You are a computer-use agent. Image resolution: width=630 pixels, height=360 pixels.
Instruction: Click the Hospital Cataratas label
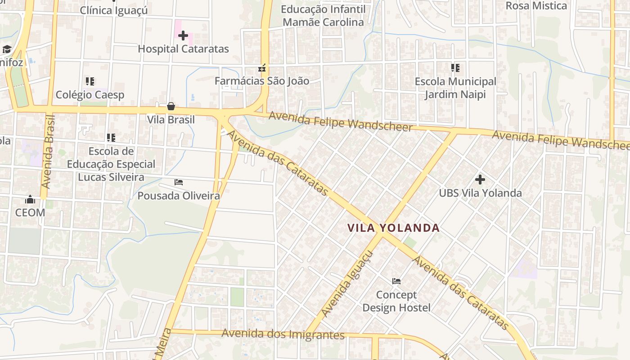(183, 49)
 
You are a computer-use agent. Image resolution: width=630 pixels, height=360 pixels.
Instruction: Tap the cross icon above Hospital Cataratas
(183, 36)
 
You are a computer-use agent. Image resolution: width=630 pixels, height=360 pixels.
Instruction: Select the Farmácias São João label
(261, 81)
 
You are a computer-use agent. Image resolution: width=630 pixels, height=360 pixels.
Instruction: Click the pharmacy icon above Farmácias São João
(261, 68)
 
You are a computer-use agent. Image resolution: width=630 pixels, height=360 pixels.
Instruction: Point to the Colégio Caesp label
(90, 95)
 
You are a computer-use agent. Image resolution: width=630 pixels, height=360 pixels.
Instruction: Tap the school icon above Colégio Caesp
(90, 81)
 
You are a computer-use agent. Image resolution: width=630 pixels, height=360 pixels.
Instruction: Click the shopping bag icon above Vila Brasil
(171, 106)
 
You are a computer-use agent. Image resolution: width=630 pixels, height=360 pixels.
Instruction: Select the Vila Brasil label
(171, 120)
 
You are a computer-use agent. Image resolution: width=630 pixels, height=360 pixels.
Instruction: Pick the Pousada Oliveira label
(179, 196)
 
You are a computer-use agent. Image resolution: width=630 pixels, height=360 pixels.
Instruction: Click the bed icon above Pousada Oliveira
(179, 182)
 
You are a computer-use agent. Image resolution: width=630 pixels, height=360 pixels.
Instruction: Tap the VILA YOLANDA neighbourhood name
(393, 228)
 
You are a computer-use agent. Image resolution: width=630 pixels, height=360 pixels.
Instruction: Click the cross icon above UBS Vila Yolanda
(480, 180)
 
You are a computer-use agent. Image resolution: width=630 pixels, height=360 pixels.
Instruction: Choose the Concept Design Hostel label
(396, 301)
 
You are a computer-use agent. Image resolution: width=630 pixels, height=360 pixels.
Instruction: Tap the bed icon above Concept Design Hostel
(396, 281)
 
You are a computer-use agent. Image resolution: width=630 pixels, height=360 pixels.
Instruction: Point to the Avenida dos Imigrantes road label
(283, 334)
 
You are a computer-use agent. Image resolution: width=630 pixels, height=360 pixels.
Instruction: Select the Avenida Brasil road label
(47, 152)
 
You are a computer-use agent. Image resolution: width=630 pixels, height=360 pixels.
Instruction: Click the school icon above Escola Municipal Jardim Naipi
(455, 68)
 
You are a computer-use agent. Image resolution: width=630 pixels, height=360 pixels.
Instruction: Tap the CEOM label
(30, 213)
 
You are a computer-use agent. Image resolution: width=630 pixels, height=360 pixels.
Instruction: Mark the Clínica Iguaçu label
(114, 10)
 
